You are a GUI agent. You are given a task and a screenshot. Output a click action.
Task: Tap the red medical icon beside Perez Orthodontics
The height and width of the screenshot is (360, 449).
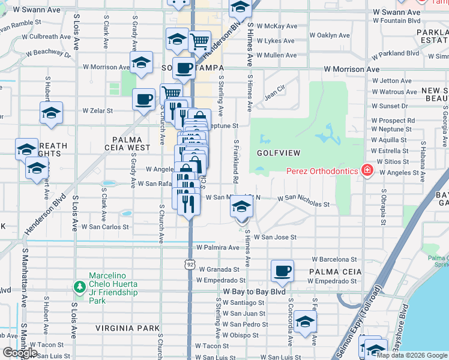pyautogui.click(x=367, y=171)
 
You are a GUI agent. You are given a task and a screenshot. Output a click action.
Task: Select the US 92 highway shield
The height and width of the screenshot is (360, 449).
pyautogui.click(x=190, y=263)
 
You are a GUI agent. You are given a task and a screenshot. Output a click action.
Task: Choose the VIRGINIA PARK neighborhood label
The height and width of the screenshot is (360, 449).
pyautogui.click(x=128, y=328)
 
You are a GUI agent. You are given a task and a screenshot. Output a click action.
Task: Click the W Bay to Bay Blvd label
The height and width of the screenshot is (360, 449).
pyautogui.click(x=255, y=292)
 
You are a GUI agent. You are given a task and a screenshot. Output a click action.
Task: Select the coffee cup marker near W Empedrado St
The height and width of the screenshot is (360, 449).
pyautogui.click(x=282, y=271)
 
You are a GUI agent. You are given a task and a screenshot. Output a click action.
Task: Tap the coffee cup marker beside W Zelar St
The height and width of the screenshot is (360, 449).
pyautogui.click(x=143, y=100)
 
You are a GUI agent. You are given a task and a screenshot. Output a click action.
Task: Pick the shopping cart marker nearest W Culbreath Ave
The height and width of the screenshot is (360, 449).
pyautogui.click(x=199, y=41)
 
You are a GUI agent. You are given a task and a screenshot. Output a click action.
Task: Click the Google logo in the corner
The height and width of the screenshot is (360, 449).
pyautogui.click(x=20, y=353)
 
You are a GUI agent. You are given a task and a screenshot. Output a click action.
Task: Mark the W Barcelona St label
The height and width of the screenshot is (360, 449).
pyautogui.click(x=335, y=259)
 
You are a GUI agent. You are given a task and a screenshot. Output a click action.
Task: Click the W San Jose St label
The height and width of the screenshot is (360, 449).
pyautogui.click(x=275, y=238)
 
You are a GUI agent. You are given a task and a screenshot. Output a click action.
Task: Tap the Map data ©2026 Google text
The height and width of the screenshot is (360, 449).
pyautogui.click(x=411, y=355)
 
